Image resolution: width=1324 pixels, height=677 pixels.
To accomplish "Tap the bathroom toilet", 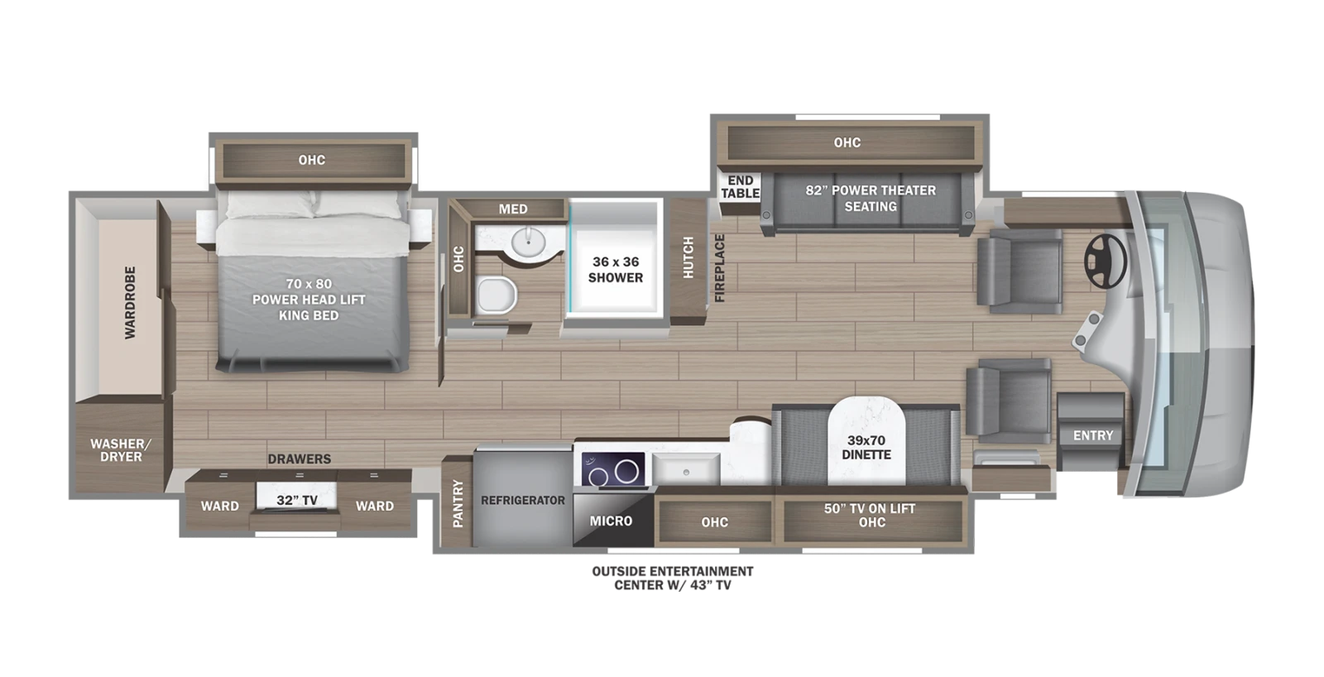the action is click(496, 295).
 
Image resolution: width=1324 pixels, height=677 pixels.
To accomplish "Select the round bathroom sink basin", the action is click(528, 242).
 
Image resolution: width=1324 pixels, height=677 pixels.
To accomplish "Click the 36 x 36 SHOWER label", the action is click(616, 270).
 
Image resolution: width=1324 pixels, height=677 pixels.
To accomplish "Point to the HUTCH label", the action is click(688, 257).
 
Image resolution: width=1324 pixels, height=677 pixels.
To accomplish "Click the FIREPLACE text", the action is click(719, 268).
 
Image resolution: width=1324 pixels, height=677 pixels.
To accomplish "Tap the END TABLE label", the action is click(741, 187).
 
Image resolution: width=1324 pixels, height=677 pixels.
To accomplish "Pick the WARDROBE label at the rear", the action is click(130, 303).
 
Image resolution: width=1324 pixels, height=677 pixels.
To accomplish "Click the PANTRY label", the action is click(458, 503).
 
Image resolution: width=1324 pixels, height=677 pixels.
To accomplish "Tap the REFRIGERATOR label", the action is click(523, 500).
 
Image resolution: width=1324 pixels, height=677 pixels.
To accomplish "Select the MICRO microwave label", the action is click(612, 521).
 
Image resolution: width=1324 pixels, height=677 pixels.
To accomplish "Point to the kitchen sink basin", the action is click(686, 469).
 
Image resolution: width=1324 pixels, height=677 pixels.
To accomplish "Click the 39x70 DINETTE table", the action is click(866, 441).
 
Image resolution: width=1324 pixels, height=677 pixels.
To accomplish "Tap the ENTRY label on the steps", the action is click(1093, 436).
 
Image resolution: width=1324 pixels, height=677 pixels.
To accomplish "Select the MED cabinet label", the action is click(513, 209).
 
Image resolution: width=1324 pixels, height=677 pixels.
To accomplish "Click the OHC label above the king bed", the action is click(311, 160).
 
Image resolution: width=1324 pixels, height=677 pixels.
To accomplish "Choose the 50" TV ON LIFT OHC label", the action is click(871, 515).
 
